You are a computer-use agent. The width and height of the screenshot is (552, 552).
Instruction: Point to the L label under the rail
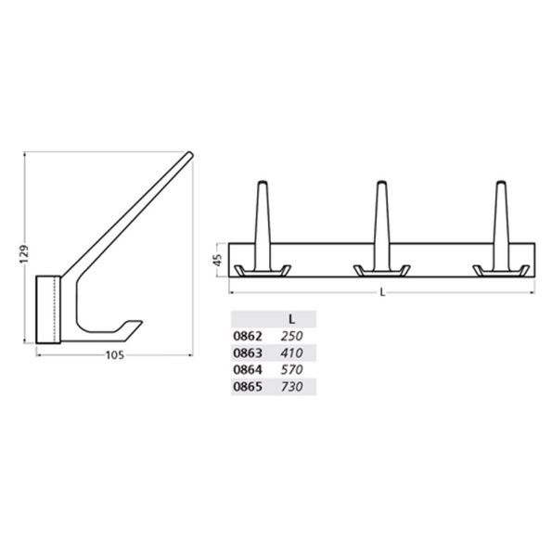[x=383, y=293]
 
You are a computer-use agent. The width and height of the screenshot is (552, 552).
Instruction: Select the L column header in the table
[x=291, y=318]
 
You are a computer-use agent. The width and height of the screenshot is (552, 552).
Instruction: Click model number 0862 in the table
[x=248, y=336]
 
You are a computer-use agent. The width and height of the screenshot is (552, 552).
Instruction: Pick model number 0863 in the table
[x=248, y=353]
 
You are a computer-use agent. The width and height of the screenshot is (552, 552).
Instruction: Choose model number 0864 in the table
[x=248, y=369]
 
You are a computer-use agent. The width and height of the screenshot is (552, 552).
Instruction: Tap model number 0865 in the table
[x=248, y=386]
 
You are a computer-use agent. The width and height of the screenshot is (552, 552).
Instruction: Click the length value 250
[x=291, y=336]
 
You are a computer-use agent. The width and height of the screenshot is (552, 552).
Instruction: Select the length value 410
[x=291, y=353]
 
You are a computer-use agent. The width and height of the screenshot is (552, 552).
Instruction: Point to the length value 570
[x=291, y=369]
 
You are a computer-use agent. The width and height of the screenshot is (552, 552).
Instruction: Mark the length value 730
[x=291, y=386]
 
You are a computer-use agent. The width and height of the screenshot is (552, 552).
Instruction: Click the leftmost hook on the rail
[x=262, y=241]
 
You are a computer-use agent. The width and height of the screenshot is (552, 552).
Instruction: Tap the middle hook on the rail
[x=381, y=241]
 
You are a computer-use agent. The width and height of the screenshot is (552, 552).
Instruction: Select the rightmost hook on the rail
[x=501, y=241]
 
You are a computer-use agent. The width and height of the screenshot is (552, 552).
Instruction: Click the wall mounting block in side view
[x=48, y=309]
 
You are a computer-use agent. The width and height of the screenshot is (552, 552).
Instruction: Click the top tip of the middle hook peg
[x=381, y=183]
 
